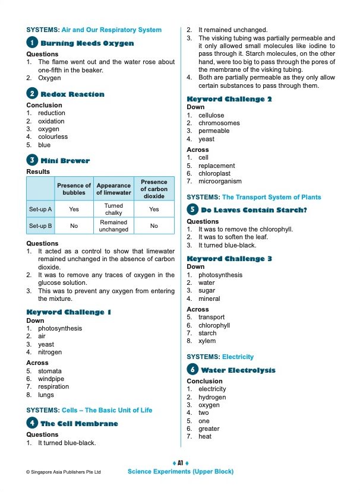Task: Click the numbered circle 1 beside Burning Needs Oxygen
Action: pyautogui.click(x=32, y=43)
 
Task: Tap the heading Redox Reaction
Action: pyautogui.click(x=72, y=94)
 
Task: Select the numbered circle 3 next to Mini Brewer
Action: pyautogui.click(x=32, y=160)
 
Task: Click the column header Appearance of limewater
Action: pyautogui.click(x=113, y=189)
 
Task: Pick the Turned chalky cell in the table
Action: pyautogui.click(x=113, y=209)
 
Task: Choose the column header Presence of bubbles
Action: pyautogui.click(x=74, y=189)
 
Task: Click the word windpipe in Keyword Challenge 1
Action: pyautogui.click(x=50, y=379)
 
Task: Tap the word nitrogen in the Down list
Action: pyautogui.click(x=50, y=353)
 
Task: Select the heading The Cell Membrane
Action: pyautogui.click(x=79, y=424)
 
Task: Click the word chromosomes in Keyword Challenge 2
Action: pyautogui.click(x=219, y=123)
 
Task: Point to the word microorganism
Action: pyautogui.click(x=220, y=182)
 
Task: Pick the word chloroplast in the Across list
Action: pyautogui.click(x=216, y=174)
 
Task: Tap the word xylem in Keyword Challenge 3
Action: pyautogui.click(x=207, y=341)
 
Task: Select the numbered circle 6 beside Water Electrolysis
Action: pyautogui.click(x=192, y=370)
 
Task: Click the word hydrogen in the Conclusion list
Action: pyautogui.click(x=212, y=397)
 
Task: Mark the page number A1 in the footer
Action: pyautogui.click(x=180, y=463)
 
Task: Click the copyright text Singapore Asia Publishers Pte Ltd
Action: pyautogui.click(x=64, y=472)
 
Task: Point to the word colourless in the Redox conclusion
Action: pyautogui.click(x=53, y=137)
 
